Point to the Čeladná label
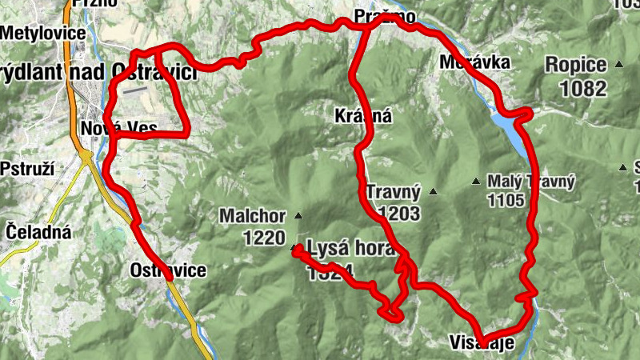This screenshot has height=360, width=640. (x=38, y=232)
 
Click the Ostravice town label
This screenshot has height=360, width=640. (x=167, y=270)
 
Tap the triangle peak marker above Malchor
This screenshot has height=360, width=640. (x=298, y=216)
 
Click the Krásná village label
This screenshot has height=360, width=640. (x=363, y=116)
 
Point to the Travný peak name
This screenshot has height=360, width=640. (x=393, y=192)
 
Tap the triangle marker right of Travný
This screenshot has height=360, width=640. (x=434, y=191)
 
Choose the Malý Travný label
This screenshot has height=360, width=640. (x=531, y=182)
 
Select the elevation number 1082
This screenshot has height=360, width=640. (x=584, y=88)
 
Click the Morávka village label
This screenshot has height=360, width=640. (x=474, y=62)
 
